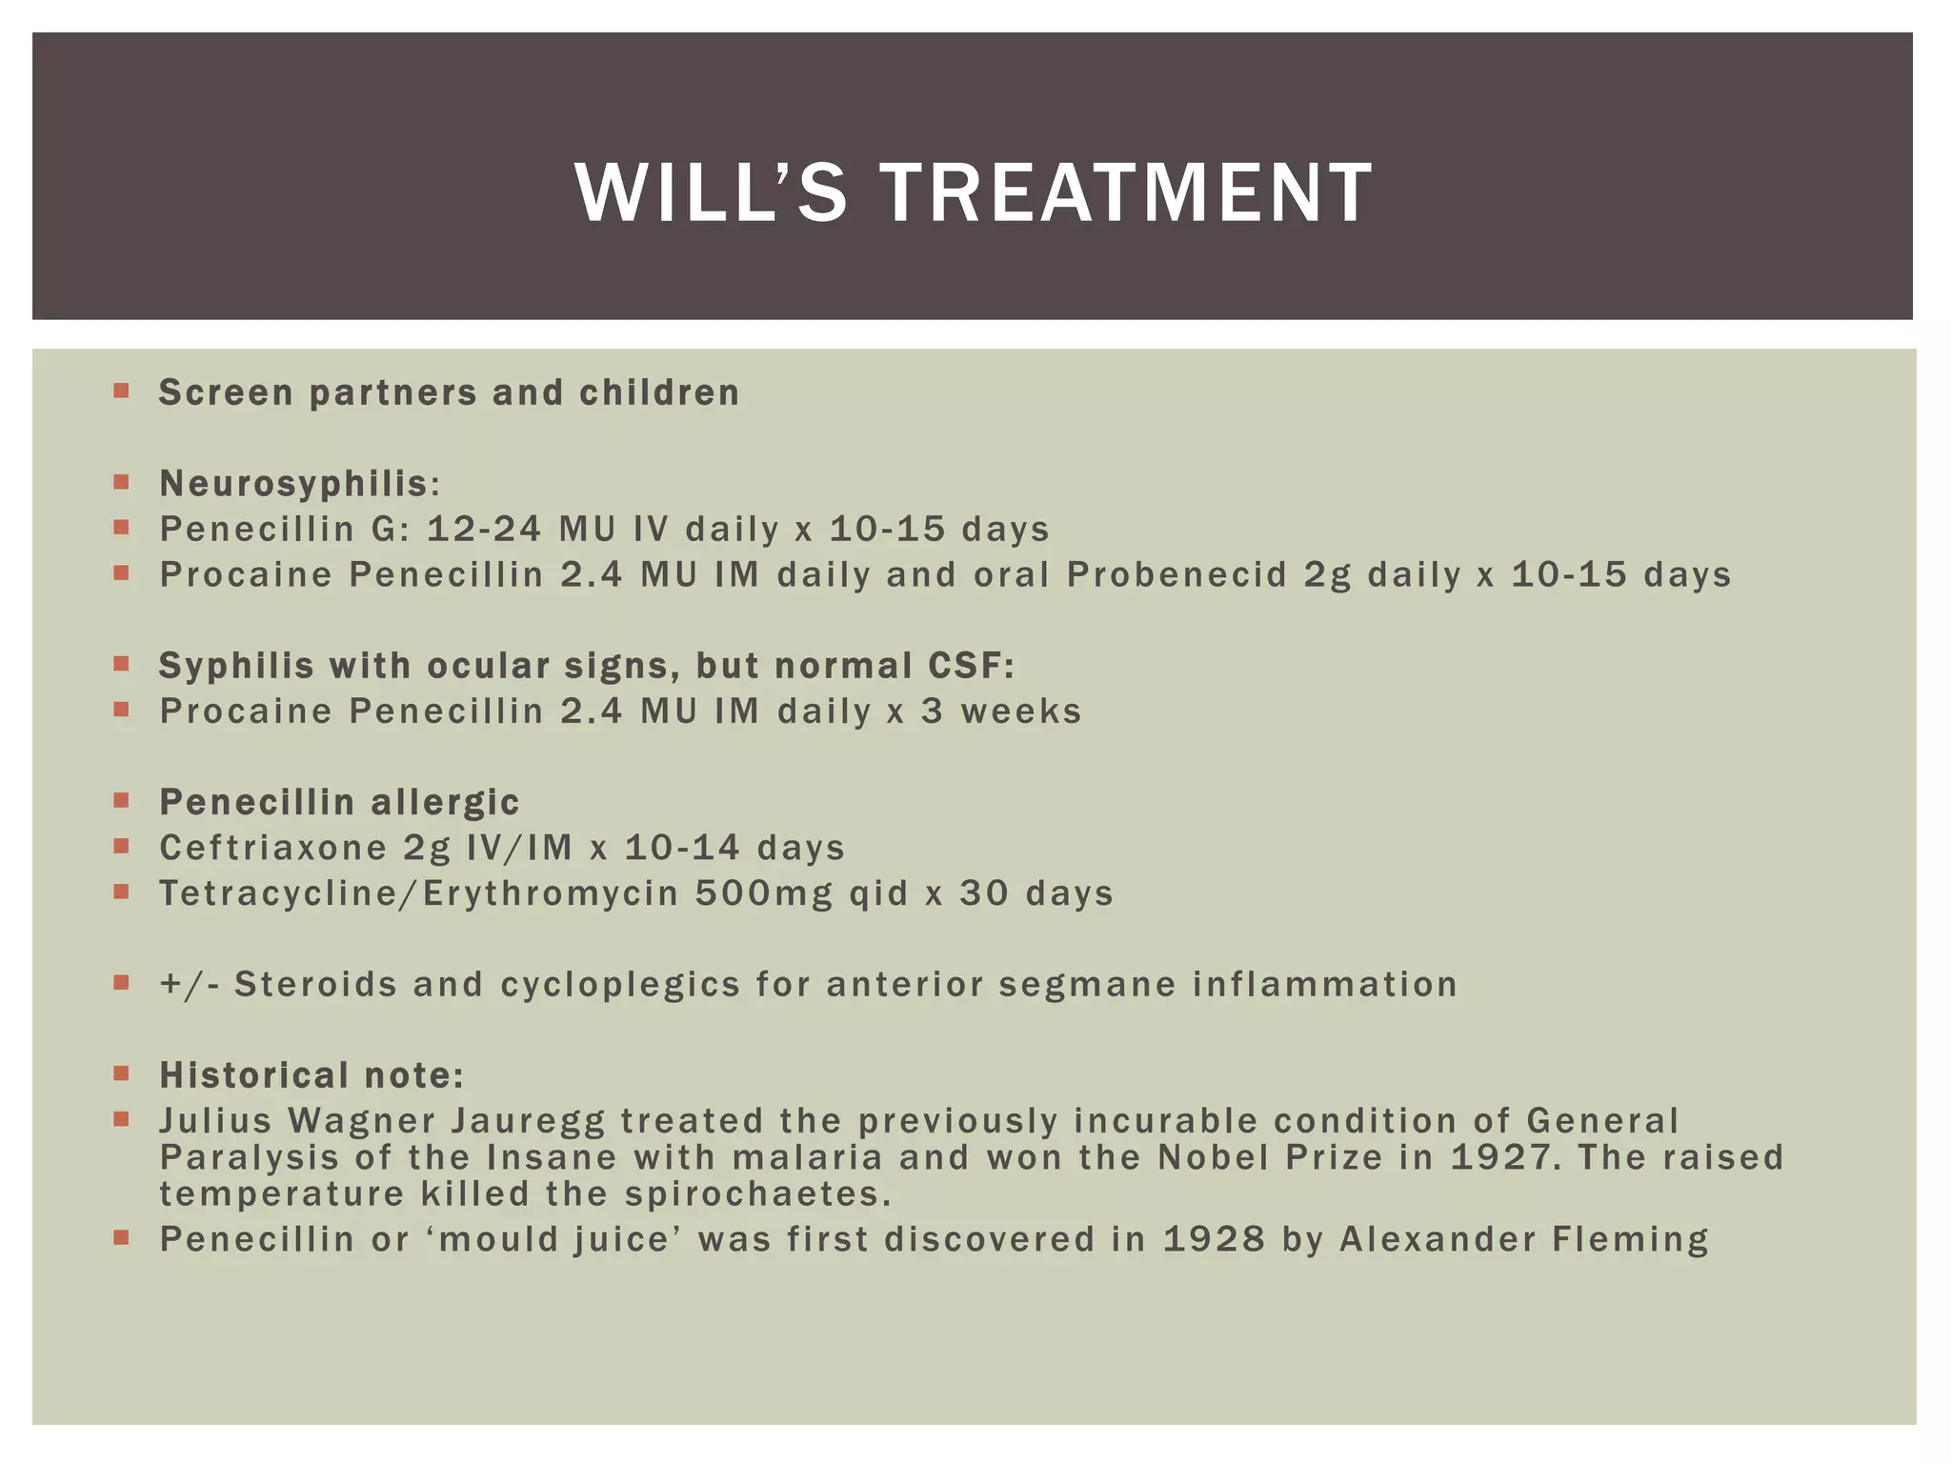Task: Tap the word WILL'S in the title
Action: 711,193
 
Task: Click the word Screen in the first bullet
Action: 226,392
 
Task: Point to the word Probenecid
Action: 1177,574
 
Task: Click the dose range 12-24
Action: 483,529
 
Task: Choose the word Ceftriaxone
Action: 273,848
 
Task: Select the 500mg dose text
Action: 763,893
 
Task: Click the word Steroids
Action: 315,984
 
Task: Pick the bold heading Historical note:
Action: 312,1075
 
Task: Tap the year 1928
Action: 1214,1239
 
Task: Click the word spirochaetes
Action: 758,1193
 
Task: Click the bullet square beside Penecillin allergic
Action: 121,801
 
